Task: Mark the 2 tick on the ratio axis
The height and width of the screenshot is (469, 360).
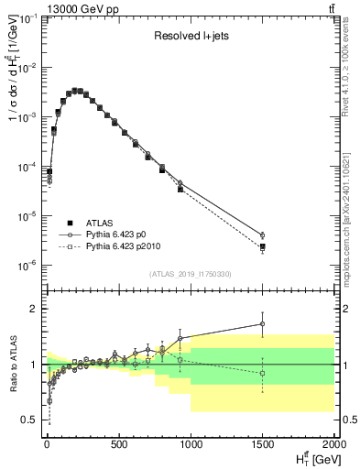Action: [34, 309]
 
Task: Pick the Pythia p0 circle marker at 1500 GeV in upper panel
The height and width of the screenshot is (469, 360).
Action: [263, 235]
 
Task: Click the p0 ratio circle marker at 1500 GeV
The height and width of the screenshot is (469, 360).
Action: [263, 323]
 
